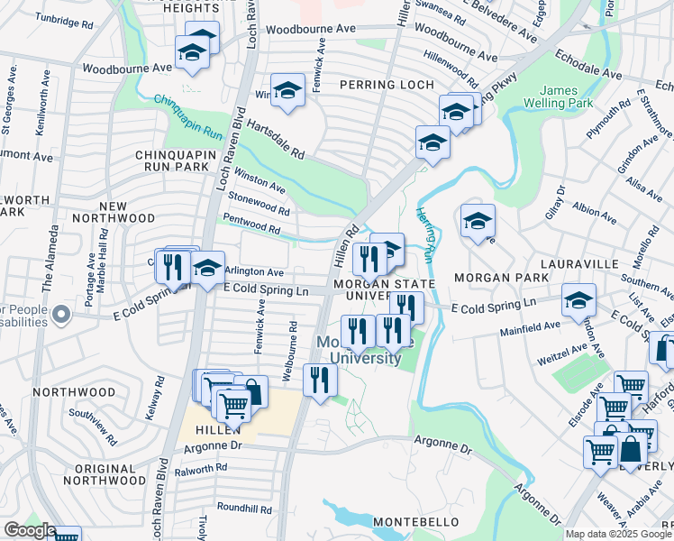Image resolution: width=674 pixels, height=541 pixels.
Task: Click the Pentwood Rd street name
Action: pyautogui.click(x=256, y=221)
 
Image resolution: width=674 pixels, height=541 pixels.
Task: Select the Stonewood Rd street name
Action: pyautogui.click(x=260, y=202)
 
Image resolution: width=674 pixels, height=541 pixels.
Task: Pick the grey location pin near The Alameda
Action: pyautogui.click(x=60, y=316)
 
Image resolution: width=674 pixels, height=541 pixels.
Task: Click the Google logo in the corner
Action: pyautogui.click(x=29, y=530)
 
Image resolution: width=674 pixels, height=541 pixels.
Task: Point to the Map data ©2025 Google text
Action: pyautogui.click(x=617, y=534)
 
